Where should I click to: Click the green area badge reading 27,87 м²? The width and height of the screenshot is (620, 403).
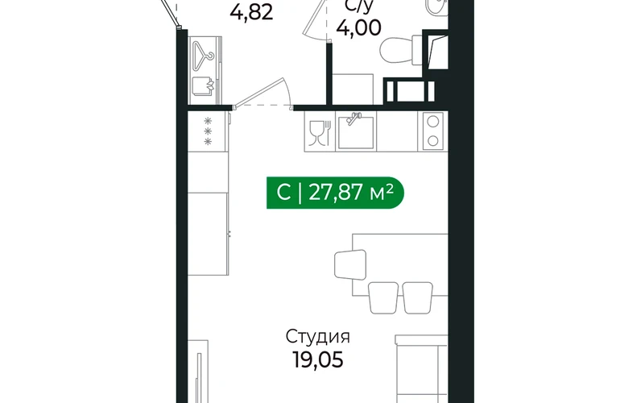(x=335, y=193)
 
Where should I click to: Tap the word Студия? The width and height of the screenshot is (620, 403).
(x=318, y=337)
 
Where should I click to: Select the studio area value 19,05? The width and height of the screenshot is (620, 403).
(x=318, y=360)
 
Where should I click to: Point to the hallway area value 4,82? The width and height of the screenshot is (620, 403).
(x=251, y=13)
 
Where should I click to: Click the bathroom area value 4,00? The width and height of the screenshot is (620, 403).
(x=359, y=28)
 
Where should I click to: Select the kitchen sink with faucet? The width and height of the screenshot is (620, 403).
(x=356, y=132)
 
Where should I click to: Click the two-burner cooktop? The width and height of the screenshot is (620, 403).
(x=433, y=131)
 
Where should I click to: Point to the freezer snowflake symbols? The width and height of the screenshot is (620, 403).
(x=208, y=131)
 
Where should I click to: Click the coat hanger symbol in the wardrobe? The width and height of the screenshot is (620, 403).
(x=203, y=56)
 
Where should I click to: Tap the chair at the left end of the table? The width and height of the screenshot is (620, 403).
(x=350, y=264)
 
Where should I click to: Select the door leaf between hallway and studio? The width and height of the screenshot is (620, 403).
(x=259, y=92)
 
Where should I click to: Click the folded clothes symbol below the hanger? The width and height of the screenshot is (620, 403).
(x=203, y=86)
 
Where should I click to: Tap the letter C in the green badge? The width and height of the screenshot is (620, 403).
(x=283, y=193)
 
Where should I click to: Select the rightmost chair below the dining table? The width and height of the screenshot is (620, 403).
(x=418, y=297)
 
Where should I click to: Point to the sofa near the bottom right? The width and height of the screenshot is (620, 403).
(x=421, y=368)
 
